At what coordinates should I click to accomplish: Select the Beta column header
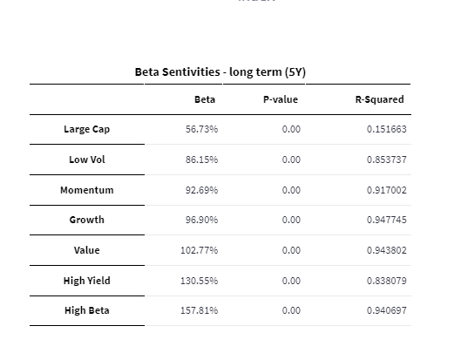pos(205,99)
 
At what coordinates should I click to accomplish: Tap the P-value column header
pos(281,99)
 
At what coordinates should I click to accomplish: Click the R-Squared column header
pos(380,99)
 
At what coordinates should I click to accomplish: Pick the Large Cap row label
pos(87,129)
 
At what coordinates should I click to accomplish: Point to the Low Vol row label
pos(87,160)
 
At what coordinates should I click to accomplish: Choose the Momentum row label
pos(87,190)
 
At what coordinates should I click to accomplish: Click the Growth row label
pos(87,220)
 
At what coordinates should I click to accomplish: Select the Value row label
pos(87,250)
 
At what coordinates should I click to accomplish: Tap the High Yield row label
pos(87,281)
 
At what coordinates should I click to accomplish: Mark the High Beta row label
pos(87,310)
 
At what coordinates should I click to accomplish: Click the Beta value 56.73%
pos(201,129)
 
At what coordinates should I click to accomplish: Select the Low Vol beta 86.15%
pos(201,160)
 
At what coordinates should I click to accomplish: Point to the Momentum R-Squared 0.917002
pos(387,190)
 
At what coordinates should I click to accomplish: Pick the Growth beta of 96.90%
pos(201,220)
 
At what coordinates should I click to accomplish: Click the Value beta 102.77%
pos(199,250)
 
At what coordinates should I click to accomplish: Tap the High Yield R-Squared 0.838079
pos(387,281)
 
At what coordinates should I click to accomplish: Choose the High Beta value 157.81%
pos(199,310)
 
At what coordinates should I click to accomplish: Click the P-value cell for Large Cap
pos(291,129)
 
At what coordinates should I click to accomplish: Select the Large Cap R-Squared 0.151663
pos(387,129)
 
